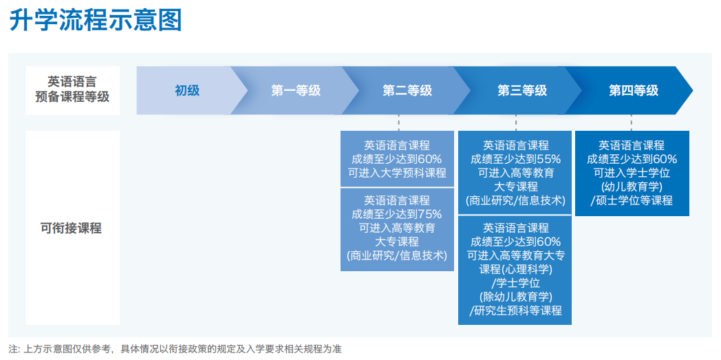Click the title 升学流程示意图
pyautogui.click(x=96, y=21)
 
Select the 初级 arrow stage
pyautogui.click(x=187, y=91)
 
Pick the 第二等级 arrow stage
pyautogui.click(x=407, y=91)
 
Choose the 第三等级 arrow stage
pyautogui.click(x=522, y=91)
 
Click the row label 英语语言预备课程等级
pyautogui.click(x=73, y=90)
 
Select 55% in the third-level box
pyautogui.click(x=549, y=160)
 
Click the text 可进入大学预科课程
pyautogui.click(x=397, y=173)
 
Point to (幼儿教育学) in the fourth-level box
pyautogui.click(x=632, y=187)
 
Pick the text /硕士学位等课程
pyautogui.click(x=632, y=200)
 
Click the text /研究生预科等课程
pyautogui.click(x=515, y=310)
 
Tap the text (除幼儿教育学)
pyautogui.click(x=515, y=297)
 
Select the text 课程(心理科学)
pyautogui.click(x=515, y=269)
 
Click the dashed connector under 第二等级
pyautogui.click(x=398, y=123)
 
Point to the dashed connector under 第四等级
pyautogui.click(x=632, y=123)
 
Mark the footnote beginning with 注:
pyautogui.click(x=175, y=349)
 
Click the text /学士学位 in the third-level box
pyautogui.click(x=515, y=283)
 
